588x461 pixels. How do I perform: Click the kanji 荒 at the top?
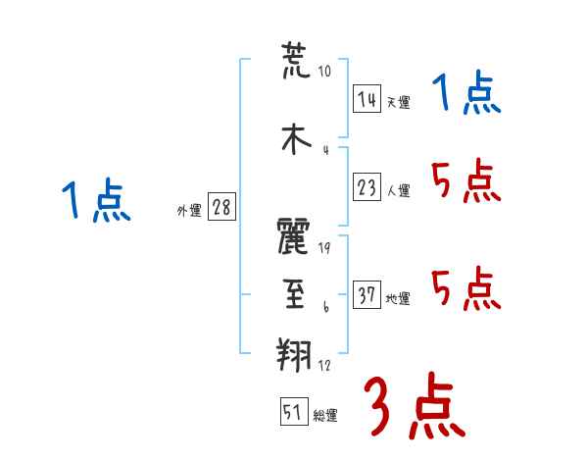[x=296, y=61]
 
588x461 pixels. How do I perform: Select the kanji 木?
[x=296, y=138]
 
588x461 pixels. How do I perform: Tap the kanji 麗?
[x=293, y=235]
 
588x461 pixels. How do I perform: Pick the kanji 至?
[x=294, y=293]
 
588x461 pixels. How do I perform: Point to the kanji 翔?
[x=294, y=354]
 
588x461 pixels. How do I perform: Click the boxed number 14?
[x=367, y=99]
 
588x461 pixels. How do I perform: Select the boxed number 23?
[x=367, y=187]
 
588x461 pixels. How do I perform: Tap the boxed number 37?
[x=367, y=294]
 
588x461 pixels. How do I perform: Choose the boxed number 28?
[x=221, y=207]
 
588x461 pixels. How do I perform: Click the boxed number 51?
[x=294, y=411]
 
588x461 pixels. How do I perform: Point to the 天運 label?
[x=398, y=102]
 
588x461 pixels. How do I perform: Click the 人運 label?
[x=398, y=190]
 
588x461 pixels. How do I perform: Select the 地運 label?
[x=398, y=299]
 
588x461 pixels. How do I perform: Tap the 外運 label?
[x=189, y=211]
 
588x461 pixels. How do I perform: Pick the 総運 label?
[x=325, y=416]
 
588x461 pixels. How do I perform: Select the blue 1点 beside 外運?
[x=96, y=199]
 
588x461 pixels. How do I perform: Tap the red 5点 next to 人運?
[x=466, y=180]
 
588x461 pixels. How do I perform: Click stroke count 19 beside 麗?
[x=324, y=248]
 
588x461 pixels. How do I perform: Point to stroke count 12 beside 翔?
[x=324, y=365]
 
